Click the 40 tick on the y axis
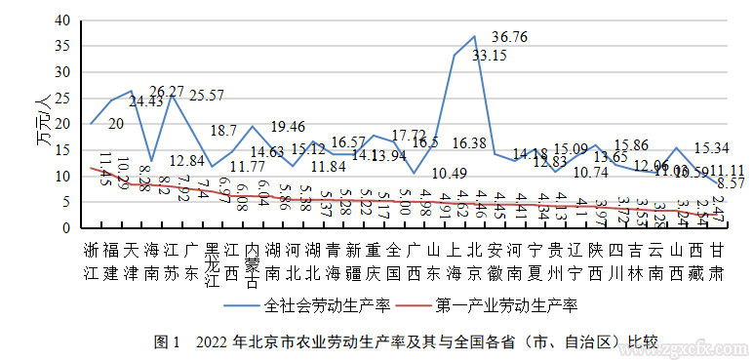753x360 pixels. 61,20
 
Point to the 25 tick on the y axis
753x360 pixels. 61,98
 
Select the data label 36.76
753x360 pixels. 509,37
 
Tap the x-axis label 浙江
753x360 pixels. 91,258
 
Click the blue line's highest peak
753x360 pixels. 474,36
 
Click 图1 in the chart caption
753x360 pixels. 168,342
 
